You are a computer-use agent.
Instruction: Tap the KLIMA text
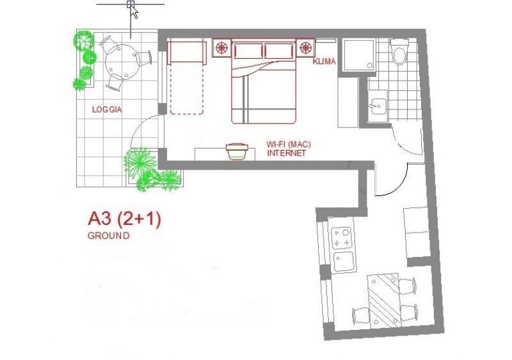(324, 62)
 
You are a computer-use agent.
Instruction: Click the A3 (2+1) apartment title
(124, 219)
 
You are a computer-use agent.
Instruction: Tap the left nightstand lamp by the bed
(222, 47)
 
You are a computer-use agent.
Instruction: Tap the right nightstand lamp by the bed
(307, 47)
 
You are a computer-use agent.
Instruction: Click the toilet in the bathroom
(401, 53)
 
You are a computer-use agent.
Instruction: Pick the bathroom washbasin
(377, 104)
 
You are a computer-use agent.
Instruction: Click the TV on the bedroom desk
(236, 151)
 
